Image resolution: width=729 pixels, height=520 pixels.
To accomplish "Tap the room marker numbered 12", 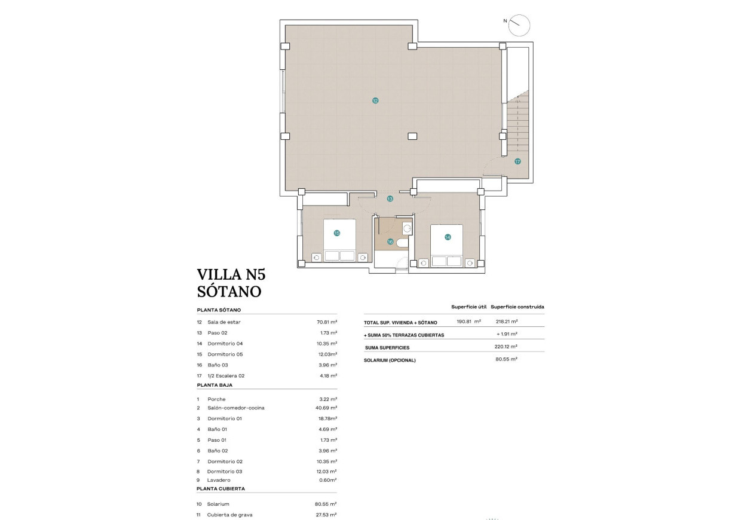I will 375,101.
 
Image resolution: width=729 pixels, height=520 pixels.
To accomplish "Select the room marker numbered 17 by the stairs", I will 517,161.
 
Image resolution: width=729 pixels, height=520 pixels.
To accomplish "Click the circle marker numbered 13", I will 390,198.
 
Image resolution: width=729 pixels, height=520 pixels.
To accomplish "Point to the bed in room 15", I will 339,240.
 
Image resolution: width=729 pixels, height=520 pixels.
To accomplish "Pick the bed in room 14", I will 446,245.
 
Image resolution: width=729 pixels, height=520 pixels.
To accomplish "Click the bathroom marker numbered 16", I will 390,242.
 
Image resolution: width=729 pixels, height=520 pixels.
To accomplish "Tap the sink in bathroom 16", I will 407,228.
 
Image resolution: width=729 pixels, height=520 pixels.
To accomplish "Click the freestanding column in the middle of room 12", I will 412,136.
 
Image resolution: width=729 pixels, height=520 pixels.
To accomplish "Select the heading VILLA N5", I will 231,275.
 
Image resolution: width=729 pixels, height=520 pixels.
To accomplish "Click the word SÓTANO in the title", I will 229,292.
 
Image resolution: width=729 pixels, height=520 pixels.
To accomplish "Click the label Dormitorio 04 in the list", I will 225,344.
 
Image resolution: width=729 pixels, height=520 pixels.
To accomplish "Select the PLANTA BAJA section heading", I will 215,386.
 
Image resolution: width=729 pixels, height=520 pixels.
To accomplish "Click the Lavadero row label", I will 219,480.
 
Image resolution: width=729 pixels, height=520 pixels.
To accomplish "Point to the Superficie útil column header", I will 468,307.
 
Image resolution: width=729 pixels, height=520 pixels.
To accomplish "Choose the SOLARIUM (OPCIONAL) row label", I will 390,360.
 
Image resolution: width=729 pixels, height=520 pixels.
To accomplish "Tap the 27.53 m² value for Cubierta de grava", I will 326,515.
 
